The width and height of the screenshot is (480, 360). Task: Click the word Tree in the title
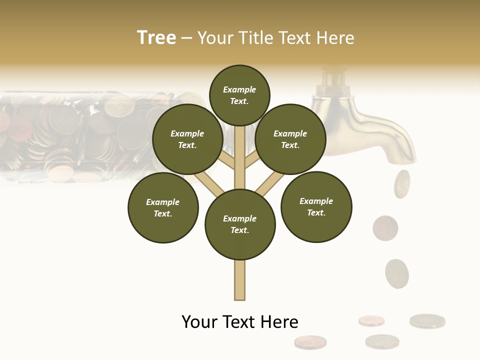pyautogui.click(x=156, y=38)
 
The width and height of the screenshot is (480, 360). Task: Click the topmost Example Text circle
pyautogui.click(x=239, y=95)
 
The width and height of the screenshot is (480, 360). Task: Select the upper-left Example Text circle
pyautogui.click(x=187, y=139)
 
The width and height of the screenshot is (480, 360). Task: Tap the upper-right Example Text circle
pyautogui.click(x=290, y=139)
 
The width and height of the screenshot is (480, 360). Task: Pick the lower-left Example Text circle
pyautogui.click(x=163, y=207)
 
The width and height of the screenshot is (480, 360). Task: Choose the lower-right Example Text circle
pyautogui.click(x=316, y=206)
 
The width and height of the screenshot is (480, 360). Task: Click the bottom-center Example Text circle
pyautogui.click(x=240, y=224)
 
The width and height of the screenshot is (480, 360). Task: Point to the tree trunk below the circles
pyautogui.click(x=240, y=280)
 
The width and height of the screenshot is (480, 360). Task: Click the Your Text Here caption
pyautogui.click(x=240, y=322)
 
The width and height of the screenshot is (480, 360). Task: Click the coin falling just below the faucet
pyautogui.click(x=402, y=183)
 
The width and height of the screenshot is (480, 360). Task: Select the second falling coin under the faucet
pyautogui.click(x=385, y=227)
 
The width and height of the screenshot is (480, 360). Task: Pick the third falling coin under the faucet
pyautogui.click(x=397, y=273)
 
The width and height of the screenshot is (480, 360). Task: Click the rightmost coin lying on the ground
pyautogui.click(x=427, y=320)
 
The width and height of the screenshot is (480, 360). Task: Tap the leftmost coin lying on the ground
pyautogui.click(x=310, y=342)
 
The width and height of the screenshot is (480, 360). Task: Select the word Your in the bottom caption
pyautogui.click(x=199, y=322)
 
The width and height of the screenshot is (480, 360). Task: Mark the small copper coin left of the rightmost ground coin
pyautogui.click(x=371, y=320)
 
